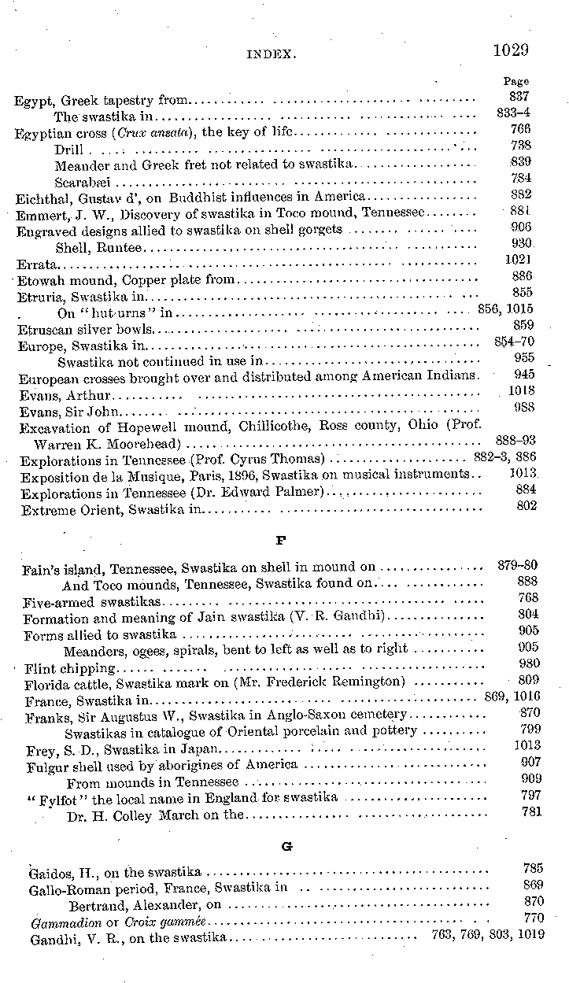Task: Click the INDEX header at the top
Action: (271, 54)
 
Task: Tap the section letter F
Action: (280, 541)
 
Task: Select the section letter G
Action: (286, 846)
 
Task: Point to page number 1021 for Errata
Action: (519, 259)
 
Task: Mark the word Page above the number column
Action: (515, 81)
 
